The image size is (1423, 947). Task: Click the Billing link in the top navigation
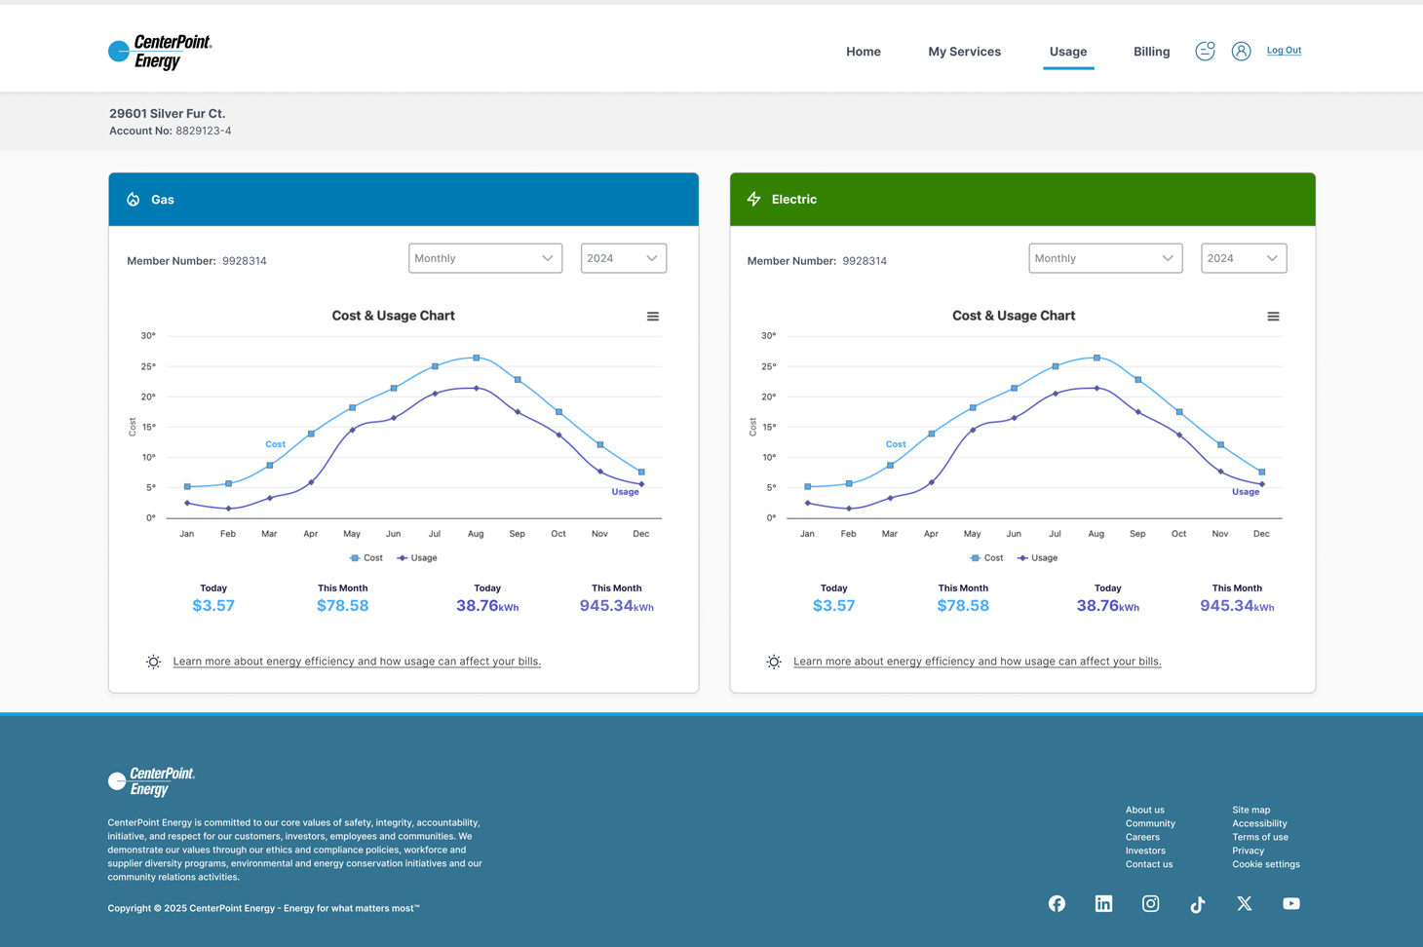pyautogui.click(x=1151, y=52)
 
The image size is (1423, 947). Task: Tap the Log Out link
pyautogui.click(x=1284, y=51)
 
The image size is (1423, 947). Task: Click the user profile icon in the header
pyautogui.click(x=1241, y=52)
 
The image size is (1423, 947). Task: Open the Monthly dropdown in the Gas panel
pyautogui.click(x=484, y=258)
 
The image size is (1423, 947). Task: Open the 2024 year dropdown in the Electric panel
pyautogui.click(x=1243, y=258)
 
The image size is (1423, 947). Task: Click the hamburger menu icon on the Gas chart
pyautogui.click(x=653, y=317)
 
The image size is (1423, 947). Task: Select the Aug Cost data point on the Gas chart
pyautogui.click(x=477, y=359)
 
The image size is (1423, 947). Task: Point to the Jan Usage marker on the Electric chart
pyautogui.click(x=808, y=503)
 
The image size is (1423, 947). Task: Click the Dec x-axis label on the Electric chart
pyautogui.click(x=1261, y=534)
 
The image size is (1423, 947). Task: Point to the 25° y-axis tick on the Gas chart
pyautogui.click(x=148, y=366)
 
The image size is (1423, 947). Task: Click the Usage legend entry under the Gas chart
pyautogui.click(x=417, y=558)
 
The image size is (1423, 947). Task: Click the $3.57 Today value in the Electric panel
pyautogui.click(x=833, y=606)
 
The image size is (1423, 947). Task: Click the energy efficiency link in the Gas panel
pyautogui.click(x=357, y=662)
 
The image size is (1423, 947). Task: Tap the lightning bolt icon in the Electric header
pyautogui.click(x=754, y=200)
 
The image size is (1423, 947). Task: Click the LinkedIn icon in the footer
pyautogui.click(x=1103, y=904)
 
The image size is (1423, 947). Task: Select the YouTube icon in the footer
pyautogui.click(x=1291, y=904)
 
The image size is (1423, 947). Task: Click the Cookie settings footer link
pyautogui.click(x=1265, y=864)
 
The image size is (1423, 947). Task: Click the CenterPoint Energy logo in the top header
pyautogui.click(x=161, y=52)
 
